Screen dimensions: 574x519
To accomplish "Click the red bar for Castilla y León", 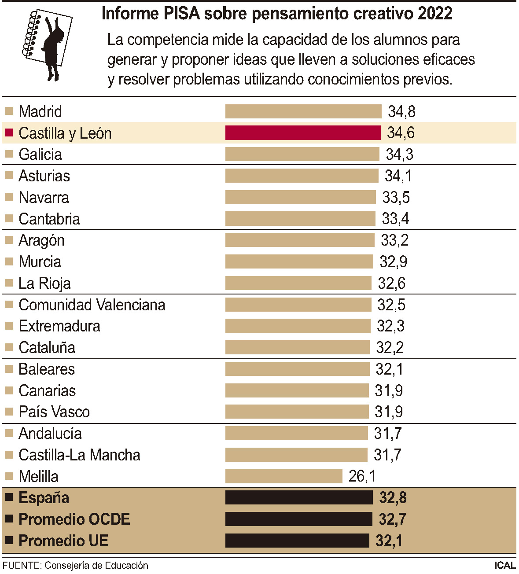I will click(x=303, y=133).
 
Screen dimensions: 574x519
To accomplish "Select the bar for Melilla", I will click(x=283, y=476).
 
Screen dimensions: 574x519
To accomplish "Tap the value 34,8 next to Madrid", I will click(x=401, y=112).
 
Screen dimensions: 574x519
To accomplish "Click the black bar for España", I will click(x=299, y=498).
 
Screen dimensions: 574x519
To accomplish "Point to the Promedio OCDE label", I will click(x=74, y=519).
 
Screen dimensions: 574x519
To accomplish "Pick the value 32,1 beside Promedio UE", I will click(x=389, y=541).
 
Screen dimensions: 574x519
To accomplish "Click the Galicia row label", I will click(x=40, y=155).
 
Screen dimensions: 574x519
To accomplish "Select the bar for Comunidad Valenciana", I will click(x=298, y=305).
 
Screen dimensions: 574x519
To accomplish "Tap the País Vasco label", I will click(x=54, y=412).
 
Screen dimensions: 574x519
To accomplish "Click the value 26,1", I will click(x=362, y=476).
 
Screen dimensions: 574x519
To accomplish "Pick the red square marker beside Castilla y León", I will click(x=9, y=132).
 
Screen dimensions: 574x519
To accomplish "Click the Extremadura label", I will click(x=59, y=326).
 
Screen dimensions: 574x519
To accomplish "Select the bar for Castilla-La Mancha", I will click(x=296, y=455).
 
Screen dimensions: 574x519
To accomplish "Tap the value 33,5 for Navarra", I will click(x=396, y=198).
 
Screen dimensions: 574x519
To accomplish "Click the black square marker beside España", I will click(x=9, y=497).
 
